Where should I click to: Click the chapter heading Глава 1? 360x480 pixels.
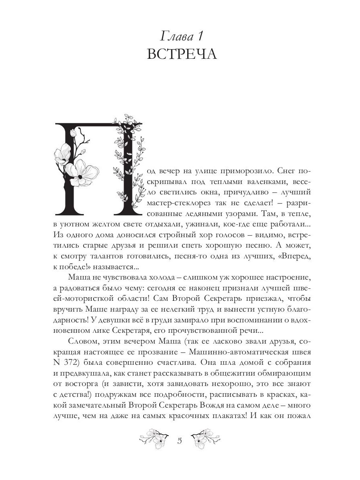[x=182, y=37]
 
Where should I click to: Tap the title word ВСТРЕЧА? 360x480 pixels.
[x=182, y=55]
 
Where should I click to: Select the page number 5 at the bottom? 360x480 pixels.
[x=179, y=441]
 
